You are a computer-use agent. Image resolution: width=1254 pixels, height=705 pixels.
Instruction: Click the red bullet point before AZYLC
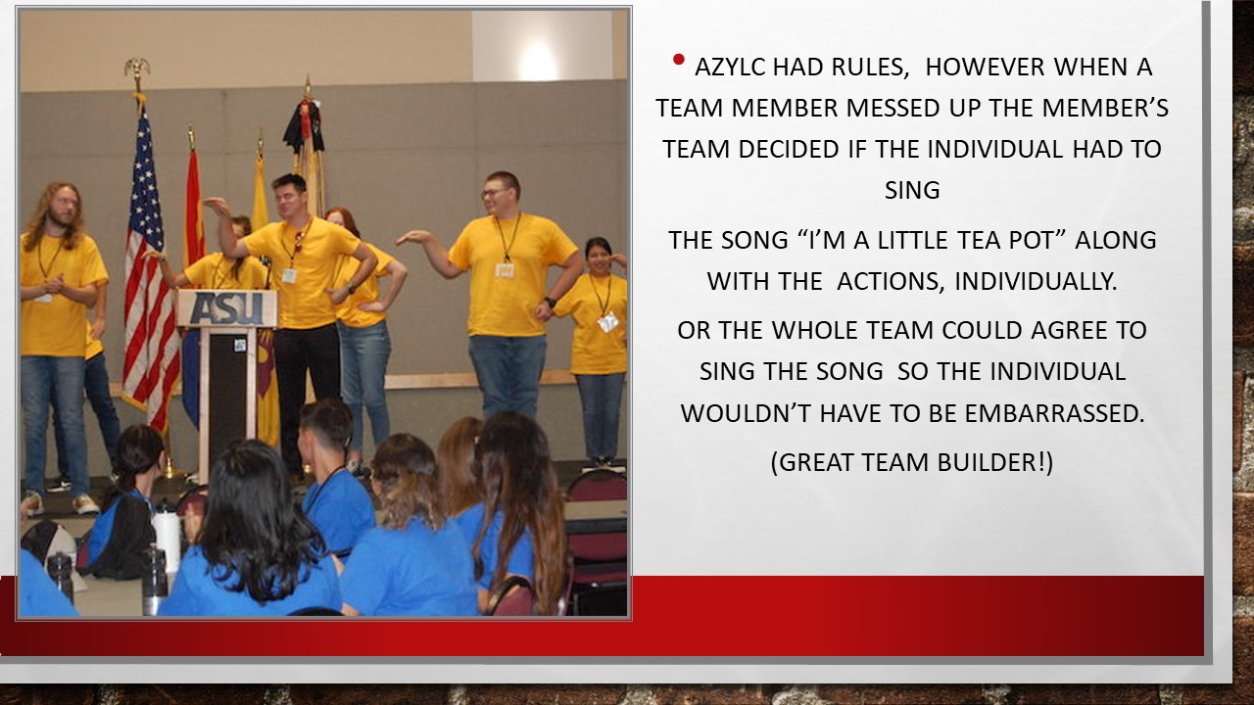679,60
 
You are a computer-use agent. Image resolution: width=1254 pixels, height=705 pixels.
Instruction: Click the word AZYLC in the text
730,68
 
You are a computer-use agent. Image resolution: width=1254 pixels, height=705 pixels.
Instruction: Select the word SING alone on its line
912,190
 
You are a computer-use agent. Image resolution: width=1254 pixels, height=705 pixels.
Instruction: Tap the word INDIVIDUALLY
1036,281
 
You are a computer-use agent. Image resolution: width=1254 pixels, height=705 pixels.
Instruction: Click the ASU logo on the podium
226,308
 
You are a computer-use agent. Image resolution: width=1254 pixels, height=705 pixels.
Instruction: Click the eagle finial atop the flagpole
136,70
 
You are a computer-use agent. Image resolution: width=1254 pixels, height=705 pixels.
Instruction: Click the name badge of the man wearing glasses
505,271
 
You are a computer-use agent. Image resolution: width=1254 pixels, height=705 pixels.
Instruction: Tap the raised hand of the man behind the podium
217,206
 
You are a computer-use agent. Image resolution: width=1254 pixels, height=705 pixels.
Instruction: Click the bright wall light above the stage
537,61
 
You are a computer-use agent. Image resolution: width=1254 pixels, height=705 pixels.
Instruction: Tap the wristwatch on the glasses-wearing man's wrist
551,303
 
